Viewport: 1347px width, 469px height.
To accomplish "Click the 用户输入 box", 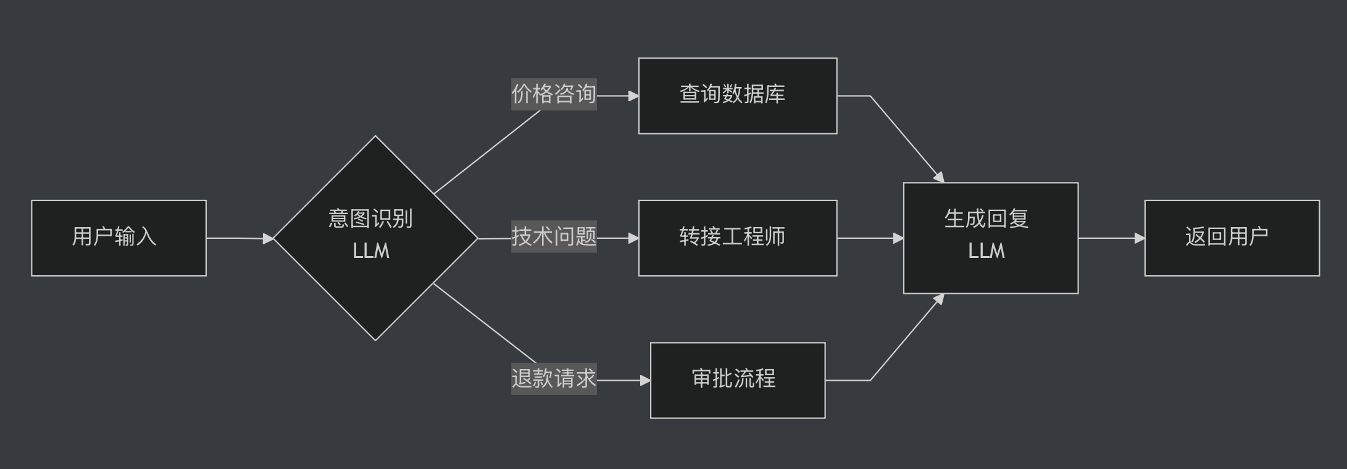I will (x=119, y=238).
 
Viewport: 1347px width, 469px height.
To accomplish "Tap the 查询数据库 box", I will (x=737, y=96).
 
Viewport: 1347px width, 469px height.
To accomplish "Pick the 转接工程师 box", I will (x=737, y=238).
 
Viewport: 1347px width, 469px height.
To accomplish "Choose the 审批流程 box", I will (x=737, y=380).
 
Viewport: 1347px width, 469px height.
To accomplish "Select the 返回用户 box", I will (x=1232, y=238).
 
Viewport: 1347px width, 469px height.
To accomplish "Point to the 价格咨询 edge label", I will (x=554, y=94).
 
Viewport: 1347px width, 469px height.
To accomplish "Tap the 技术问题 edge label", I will (x=554, y=236).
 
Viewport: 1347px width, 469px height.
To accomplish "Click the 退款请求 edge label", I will (x=554, y=378).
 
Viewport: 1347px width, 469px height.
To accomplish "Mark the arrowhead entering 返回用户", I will (x=1140, y=238).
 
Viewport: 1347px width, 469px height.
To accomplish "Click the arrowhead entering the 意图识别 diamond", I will (x=268, y=238).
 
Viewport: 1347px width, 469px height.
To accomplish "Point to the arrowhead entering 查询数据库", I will (x=633, y=96).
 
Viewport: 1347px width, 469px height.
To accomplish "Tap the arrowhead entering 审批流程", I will (x=645, y=381).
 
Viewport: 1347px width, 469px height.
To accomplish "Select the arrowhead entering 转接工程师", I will (x=633, y=238).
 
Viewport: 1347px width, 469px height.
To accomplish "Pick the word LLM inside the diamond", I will (x=371, y=251).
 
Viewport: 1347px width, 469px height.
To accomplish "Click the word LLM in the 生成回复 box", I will (x=986, y=251).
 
